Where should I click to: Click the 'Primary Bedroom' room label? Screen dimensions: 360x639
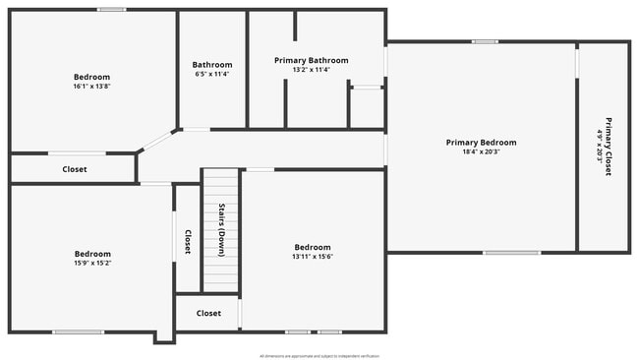(481, 143)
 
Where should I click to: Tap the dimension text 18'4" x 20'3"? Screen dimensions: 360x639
(481, 152)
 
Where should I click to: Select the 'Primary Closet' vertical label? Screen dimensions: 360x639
(609, 147)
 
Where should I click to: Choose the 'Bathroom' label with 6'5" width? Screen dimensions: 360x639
(212, 65)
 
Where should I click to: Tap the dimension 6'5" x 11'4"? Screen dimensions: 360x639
(212, 75)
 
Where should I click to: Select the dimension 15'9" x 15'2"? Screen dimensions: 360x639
(92, 263)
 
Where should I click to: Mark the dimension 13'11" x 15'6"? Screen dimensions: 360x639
(313, 257)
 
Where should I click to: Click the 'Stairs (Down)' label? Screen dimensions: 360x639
(222, 229)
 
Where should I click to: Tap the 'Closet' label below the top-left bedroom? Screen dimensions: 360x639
(75, 169)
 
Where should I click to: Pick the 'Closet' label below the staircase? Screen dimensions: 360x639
(208, 314)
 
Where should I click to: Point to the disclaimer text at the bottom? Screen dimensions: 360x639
(319, 356)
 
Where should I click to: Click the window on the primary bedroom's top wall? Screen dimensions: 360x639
(484, 41)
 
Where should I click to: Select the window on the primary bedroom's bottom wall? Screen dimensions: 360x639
(511, 253)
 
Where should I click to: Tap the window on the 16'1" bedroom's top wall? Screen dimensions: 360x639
(111, 10)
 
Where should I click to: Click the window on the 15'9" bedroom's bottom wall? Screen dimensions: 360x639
(79, 331)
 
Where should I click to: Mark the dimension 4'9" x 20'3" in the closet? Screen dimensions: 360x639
(599, 147)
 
